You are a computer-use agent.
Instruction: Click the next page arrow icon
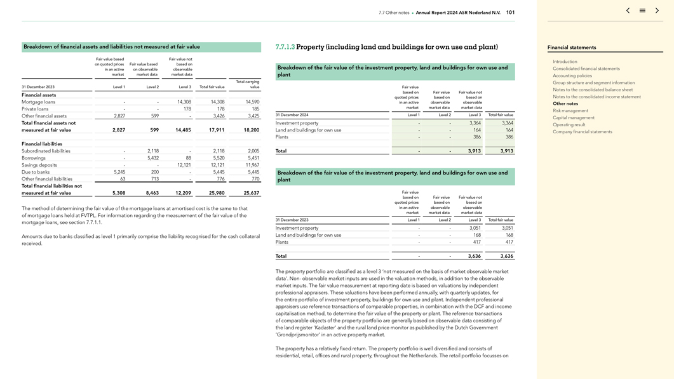(657, 11)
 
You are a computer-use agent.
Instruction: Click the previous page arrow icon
(628, 11)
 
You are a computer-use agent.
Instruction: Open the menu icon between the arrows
(642, 11)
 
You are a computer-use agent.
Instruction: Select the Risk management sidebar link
(570, 110)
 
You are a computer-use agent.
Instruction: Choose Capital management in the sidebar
(573, 117)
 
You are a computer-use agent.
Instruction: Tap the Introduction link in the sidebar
(565, 62)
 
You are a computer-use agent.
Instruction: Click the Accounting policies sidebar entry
(572, 76)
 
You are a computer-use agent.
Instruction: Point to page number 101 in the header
(510, 13)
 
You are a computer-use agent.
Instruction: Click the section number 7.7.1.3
(285, 47)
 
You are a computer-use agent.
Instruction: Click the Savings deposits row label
(39, 165)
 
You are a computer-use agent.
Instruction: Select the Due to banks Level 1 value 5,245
(119, 172)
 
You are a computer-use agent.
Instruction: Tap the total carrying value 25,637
(252, 193)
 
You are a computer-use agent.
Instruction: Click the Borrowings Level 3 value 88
(188, 158)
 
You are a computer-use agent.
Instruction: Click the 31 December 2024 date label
(292, 115)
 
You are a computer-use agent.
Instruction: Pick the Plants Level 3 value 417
(476, 242)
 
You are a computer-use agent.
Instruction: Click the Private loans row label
(35, 109)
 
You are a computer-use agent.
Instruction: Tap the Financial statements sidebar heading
(572, 48)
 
